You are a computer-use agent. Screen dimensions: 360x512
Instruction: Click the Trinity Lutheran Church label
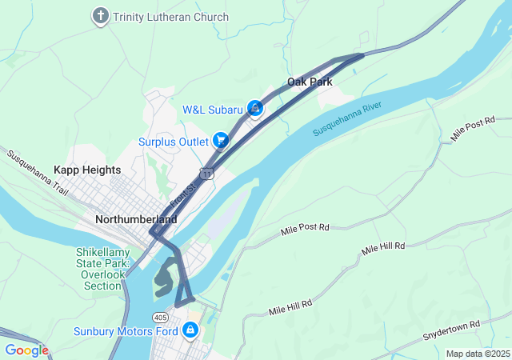pos(170,17)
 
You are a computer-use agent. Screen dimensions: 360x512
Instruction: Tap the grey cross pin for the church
pos(100,16)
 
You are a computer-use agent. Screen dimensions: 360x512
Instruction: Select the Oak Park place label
pos(310,82)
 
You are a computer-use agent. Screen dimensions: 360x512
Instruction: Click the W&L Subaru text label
pos(213,110)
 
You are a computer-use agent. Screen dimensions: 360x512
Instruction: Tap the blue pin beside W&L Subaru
pos(255,107)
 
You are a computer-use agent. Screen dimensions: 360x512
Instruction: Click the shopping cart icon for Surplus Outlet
pos(220,141)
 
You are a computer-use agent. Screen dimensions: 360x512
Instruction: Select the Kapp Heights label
pos(87,170)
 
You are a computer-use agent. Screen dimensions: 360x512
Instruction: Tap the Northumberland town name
pos(136,218)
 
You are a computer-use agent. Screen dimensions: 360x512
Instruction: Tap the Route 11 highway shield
pos(207,174)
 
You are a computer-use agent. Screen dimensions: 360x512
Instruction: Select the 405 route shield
pos(161,307)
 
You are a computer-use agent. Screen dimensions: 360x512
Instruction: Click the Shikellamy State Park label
pos(102,268)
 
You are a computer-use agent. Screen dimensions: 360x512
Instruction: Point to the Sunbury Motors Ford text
pos(124,330)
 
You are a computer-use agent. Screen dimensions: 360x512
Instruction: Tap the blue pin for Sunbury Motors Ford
pos(190,329)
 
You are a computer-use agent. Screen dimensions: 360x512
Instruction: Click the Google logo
pos(26,350)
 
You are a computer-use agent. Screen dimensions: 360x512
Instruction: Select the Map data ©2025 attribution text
pos(477,354)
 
